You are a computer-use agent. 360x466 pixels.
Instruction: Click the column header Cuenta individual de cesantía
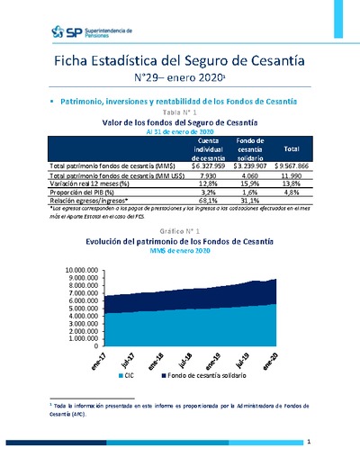coord(209,148)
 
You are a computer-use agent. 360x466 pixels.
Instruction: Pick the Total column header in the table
coord(291,148)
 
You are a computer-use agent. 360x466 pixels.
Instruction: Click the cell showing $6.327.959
coord(209,166)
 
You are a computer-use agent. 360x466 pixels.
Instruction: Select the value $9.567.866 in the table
coord(291,166)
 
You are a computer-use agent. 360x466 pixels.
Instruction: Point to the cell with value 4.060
coord(249,177)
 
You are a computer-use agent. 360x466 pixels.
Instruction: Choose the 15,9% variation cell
coord(249,185)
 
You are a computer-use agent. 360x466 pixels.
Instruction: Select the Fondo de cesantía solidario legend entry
coord(200,373)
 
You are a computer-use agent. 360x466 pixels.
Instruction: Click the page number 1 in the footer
coord(308,442)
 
